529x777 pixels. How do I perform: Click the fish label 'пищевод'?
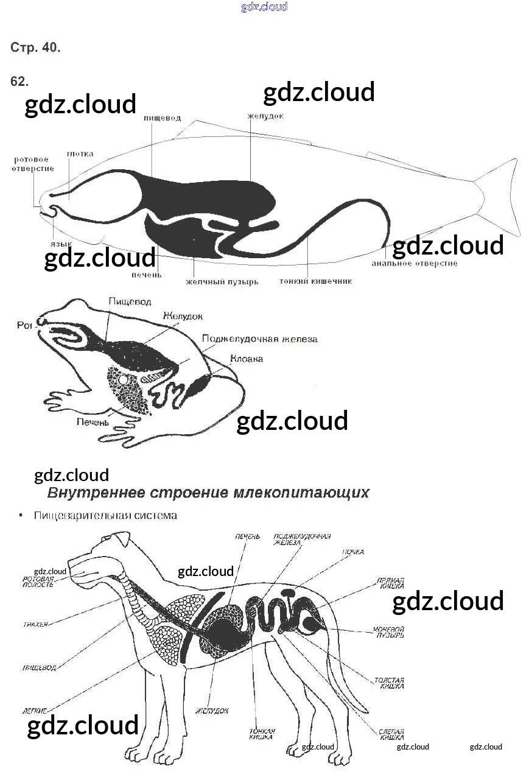coord(162,118)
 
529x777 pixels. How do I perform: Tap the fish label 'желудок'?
coord(265,116)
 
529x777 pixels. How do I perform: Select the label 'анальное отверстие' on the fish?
coord(414,264)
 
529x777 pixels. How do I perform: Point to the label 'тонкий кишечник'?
coord(315,281)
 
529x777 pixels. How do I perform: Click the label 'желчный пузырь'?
coord(222,282)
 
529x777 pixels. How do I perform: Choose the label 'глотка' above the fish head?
coord(80,154)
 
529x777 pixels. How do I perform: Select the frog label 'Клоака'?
coord(246,359)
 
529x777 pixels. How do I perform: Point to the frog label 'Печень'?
coord(93,421)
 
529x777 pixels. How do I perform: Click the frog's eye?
coord(43,321)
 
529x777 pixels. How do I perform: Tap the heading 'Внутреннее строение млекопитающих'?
coord(208,493)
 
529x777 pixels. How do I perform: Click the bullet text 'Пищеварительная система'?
coord(105,516)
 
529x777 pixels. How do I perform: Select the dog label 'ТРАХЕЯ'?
coord(35,624)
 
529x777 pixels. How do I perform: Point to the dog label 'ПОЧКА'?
coord(352,552)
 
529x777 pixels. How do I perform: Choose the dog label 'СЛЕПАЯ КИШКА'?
coord(391,734)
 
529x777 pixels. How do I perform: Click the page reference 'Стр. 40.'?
coord(35,47)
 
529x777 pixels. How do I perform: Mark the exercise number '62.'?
coord(19,82)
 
